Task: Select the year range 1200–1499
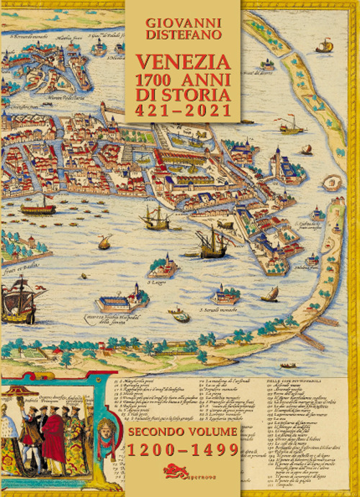tap(183, 451)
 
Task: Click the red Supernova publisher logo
tap(179, 473)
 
